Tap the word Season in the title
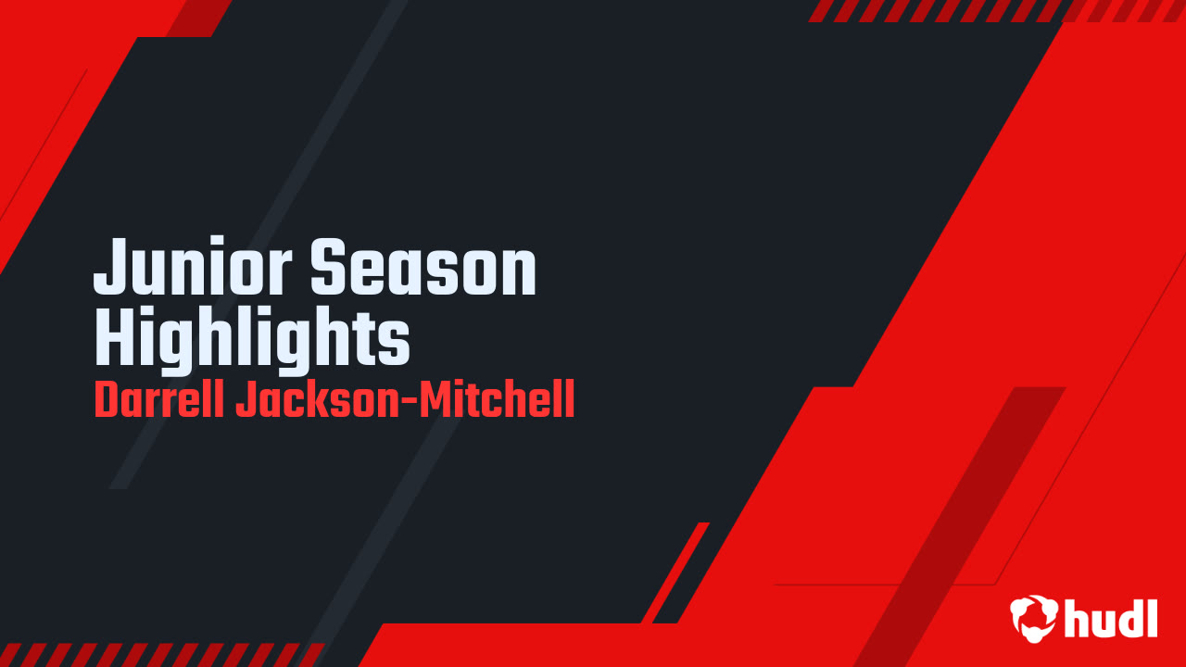coord(423,269)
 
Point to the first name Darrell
coord(158,401)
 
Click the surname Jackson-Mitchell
coord(405,401)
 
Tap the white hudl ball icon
coord(1033,617)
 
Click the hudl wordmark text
coord(1112,617)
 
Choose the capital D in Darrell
coord(107,401)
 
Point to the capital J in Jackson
coord(246,401)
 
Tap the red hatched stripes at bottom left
coord(158,654)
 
